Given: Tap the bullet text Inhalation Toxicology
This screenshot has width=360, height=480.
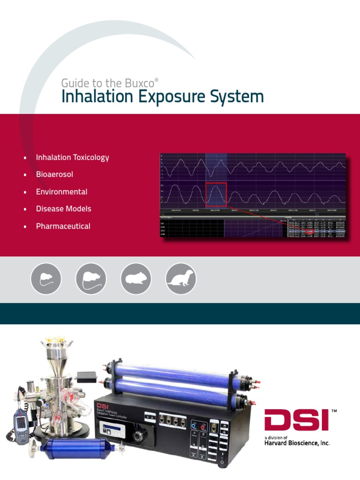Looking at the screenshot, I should (x=72, y=157).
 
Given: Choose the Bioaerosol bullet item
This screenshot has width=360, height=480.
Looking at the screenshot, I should (x=54, y=174).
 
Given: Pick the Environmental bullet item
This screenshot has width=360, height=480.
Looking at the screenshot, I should (x=61, y=192).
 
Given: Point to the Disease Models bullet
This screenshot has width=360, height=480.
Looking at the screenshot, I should (x=63, y=209).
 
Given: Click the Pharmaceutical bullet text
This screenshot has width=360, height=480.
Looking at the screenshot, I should (x=63, y=226).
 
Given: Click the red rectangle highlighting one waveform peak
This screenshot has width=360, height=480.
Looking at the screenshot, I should (x=216, y=195).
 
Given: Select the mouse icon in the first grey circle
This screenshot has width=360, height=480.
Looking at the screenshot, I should (x=46, y=278).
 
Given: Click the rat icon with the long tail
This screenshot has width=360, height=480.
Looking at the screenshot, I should (x=91, y=278).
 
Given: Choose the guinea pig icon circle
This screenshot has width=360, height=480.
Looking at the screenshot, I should (x=136, y=278).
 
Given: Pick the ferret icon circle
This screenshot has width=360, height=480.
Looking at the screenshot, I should (x=181, y=278).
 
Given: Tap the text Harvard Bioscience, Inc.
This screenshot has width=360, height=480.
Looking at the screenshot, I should (x=293, y=443).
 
